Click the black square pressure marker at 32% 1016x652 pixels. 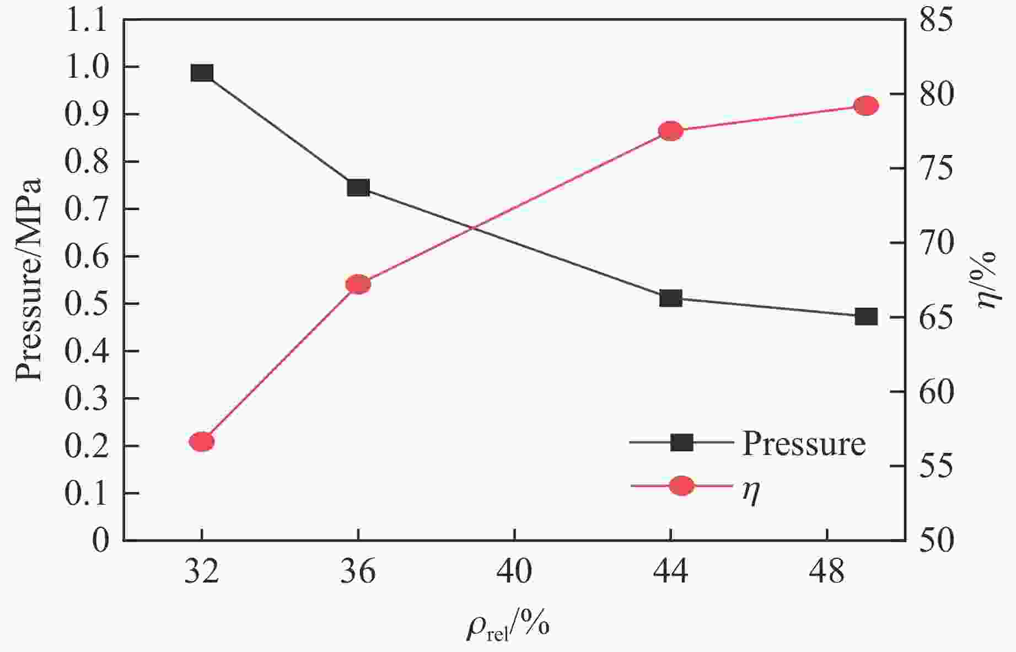(x=202, y=73)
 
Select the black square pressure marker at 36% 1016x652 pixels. (x=358, y=188)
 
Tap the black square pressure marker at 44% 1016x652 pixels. (x=671, y=298)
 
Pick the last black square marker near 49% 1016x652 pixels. (x=866, y=317)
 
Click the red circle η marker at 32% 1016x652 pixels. (x=202, y=442)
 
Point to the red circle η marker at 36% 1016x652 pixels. (x=358, y=285)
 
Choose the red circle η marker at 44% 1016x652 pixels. (x=671, y=131)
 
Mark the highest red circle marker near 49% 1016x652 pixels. (x=866, y=105)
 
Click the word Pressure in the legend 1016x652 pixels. (x=804, y=443)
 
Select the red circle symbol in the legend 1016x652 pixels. (x=681, y=486)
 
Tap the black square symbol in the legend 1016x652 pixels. (x=681, y=442)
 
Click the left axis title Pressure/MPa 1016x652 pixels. (x=29, y=280)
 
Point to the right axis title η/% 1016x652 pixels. (x=987, y=280)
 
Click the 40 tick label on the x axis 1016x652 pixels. (x=514, y=572)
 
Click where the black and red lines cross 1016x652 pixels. (x=473, y=228)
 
